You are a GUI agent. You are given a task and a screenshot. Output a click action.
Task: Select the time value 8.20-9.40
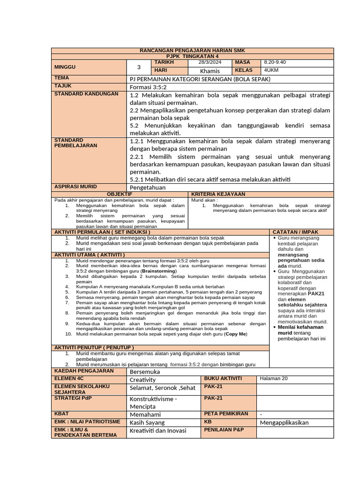tap(274, 62)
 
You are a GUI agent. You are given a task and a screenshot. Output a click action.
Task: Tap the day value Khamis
tap(210, 71)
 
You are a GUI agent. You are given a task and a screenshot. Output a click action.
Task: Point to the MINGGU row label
tap(65, 67)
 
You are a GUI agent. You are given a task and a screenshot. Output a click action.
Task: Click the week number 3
tap(138, 67)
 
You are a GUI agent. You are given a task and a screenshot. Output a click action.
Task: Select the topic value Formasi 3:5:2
tap(148, 87)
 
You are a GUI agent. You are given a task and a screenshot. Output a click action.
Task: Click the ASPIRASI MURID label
tap(75, 187)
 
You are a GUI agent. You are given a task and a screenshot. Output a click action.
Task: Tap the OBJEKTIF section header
tap(120, 194)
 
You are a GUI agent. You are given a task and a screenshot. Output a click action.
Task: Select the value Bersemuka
tap(145, 372)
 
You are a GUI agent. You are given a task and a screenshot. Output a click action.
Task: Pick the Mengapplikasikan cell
tap(284, 422)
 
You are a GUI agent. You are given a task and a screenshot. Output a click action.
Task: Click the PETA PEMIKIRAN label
tap(225, 413)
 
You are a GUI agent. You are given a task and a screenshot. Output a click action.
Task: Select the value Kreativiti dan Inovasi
tap(158, 431)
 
